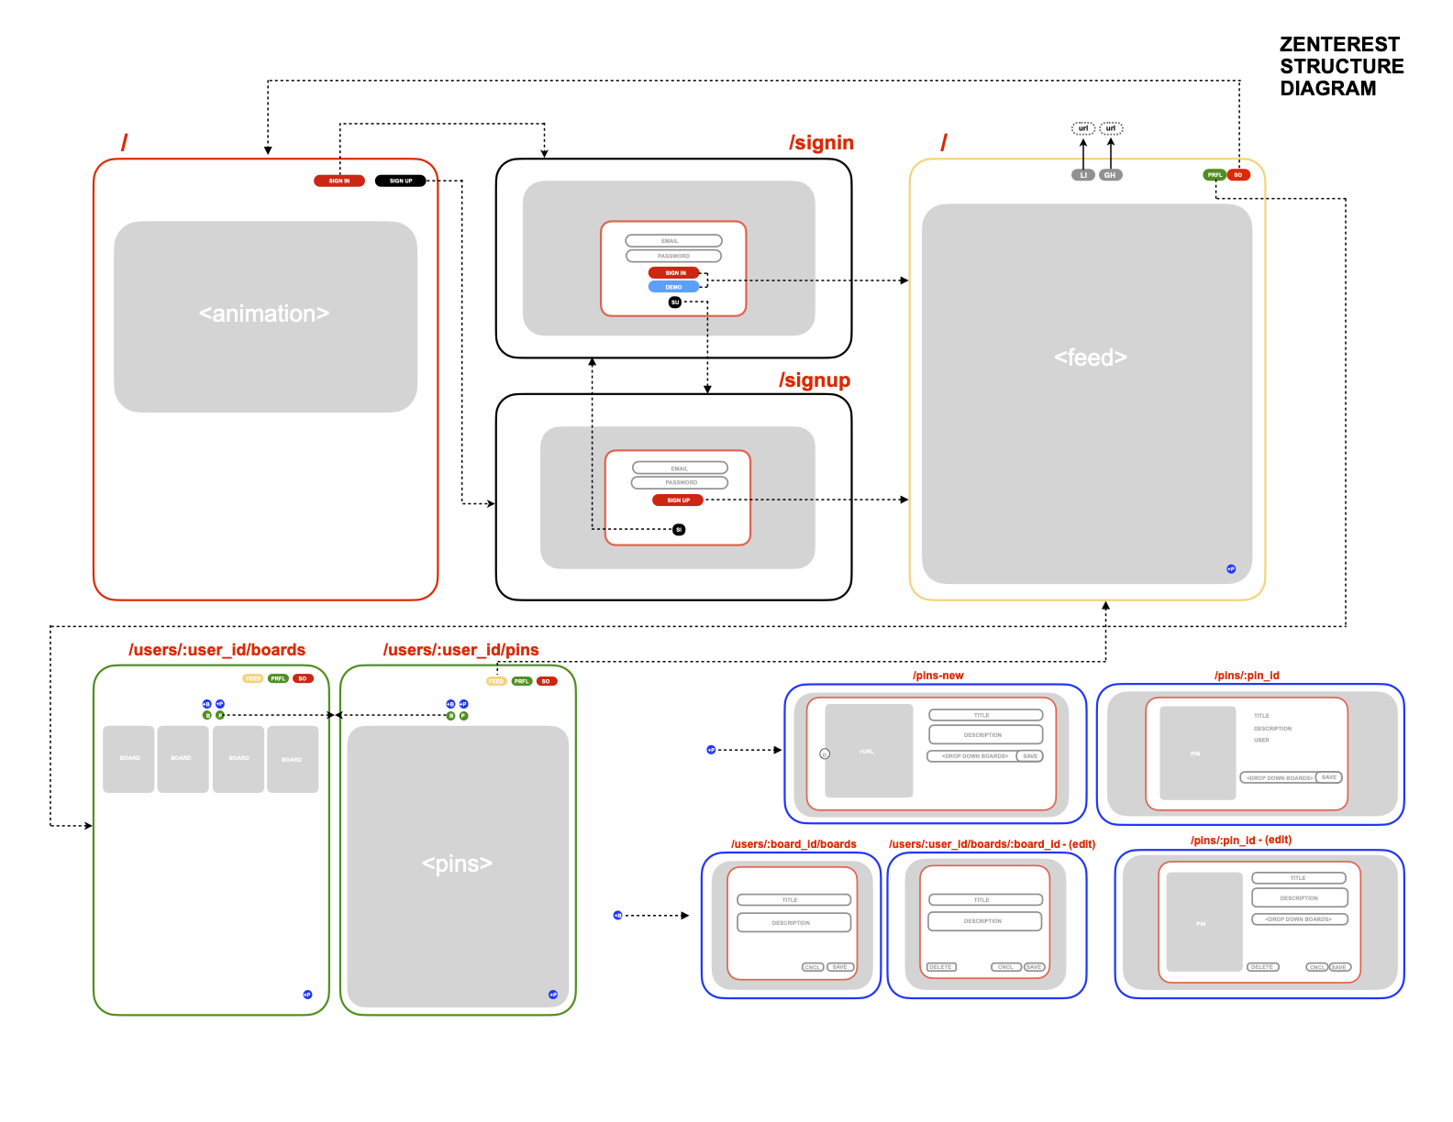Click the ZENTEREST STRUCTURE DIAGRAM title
point(1341,66)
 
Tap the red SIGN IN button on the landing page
point(339,181)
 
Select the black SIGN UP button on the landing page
point(401,181)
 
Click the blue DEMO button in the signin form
point(673,287)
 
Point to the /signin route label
point(821,143)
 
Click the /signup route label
point(815,380)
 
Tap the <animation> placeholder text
point(264,314)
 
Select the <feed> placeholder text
point(1091,357)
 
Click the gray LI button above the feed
point(1083,175)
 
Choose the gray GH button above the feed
point(1110,175)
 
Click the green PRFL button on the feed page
point(1215,175)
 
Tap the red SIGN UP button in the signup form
point(678,500)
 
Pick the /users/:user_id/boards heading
point(216,650)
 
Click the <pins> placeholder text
point(457,863)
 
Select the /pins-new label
point(937,676)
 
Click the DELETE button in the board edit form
point(941,967)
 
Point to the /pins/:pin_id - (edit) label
point(1240,840)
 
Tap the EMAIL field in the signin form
point(673,241)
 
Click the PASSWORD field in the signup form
point(680,482)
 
